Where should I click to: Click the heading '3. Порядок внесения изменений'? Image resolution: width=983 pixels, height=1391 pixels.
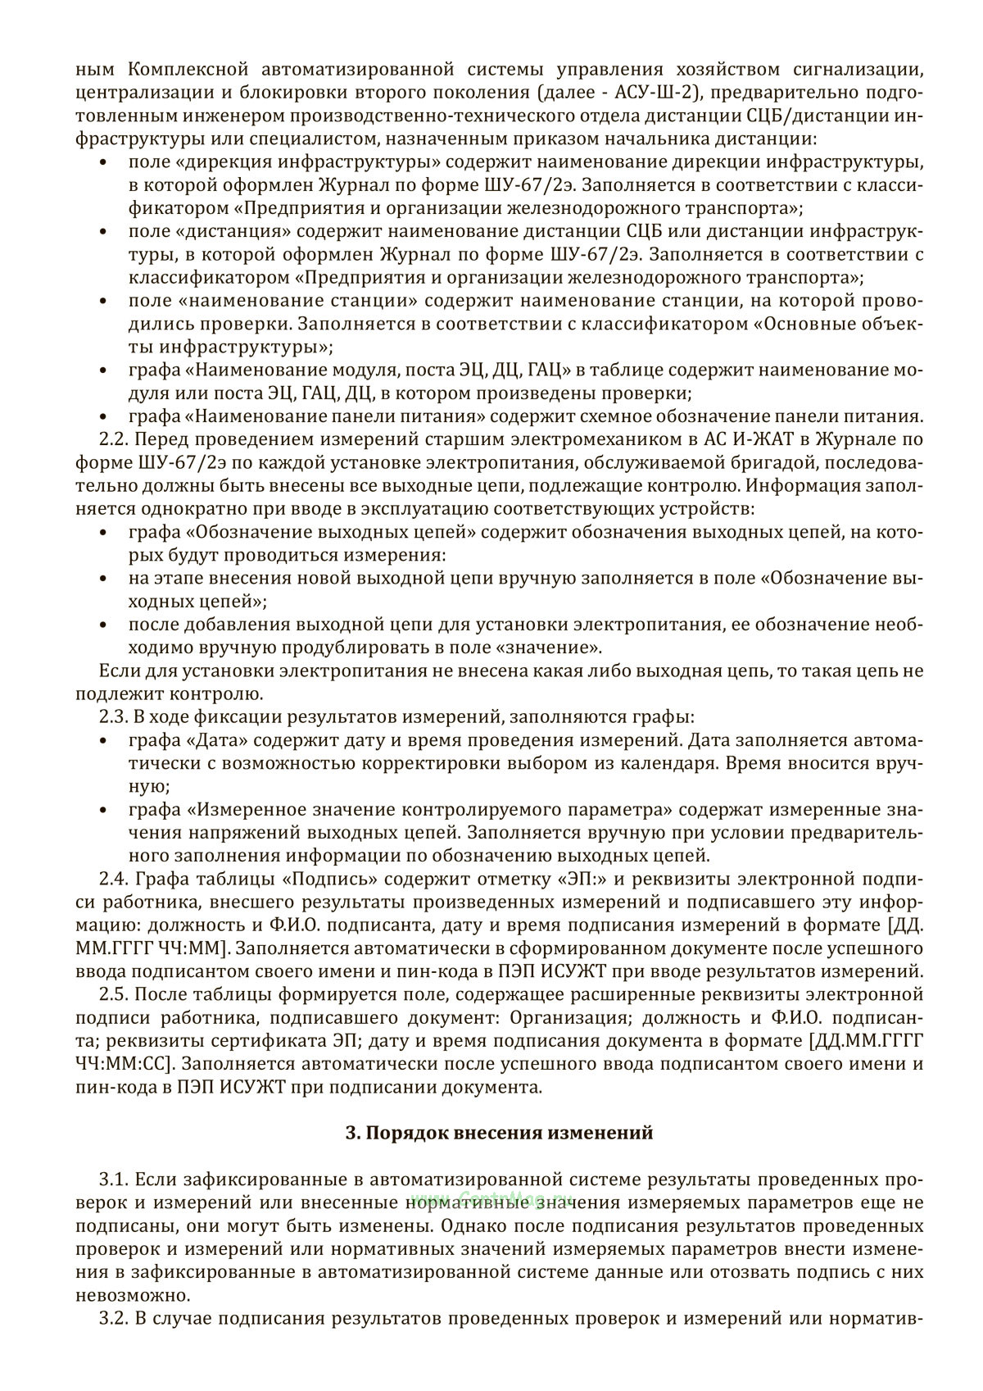point(500,1134)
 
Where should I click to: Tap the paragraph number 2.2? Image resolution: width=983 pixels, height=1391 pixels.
point(114,439)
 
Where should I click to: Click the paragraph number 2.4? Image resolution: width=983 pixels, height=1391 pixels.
point(114,880)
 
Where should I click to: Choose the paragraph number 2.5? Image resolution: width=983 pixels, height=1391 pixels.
point(114,995)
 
